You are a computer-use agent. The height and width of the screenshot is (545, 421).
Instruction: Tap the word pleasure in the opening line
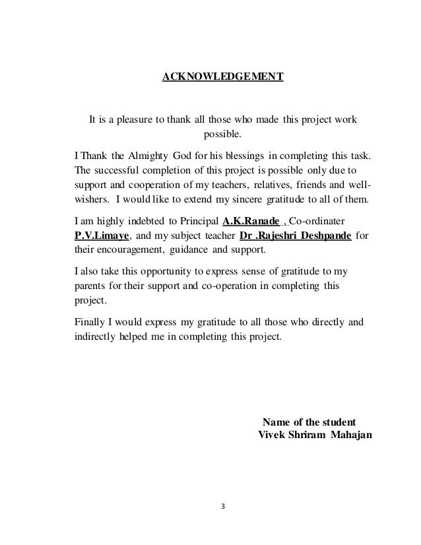(135, 120)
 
